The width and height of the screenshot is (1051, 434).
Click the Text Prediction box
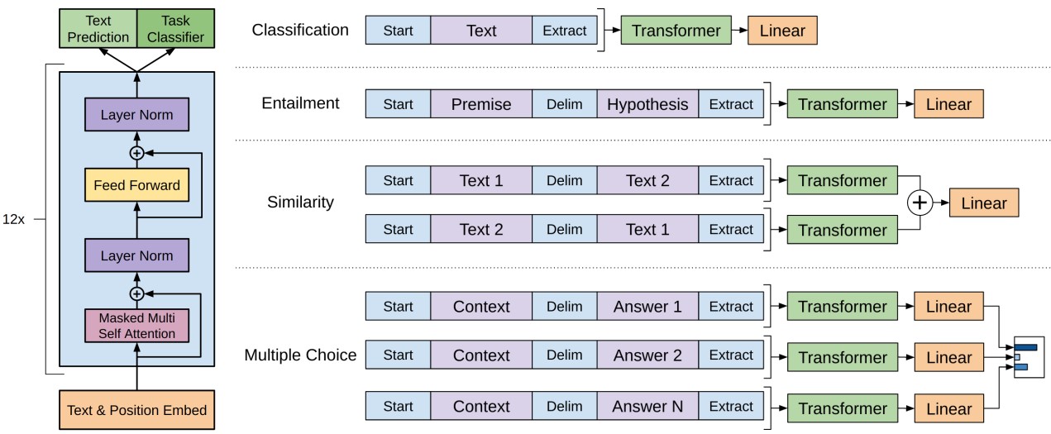coord(98,28)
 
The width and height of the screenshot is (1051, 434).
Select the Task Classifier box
coord(176,28)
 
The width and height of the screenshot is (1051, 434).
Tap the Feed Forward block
coord(137,185)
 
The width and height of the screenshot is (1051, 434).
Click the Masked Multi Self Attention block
coord(137,326)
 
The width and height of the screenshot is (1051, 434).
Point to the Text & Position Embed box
coord(137,409)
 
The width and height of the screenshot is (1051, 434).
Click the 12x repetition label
coord(13,219)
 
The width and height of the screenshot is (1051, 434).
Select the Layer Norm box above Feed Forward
coord(137,114)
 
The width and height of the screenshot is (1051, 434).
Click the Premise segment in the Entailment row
coord(481,103)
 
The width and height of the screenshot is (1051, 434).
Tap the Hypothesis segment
coord(647,103)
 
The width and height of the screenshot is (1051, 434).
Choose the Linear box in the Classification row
coord(782,31)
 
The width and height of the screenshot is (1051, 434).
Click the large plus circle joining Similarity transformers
coord(920,203)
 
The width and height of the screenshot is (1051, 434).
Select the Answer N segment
coord(647,406)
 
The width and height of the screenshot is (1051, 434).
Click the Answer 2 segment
coord(647,355)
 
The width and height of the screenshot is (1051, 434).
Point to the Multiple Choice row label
coord(300,355)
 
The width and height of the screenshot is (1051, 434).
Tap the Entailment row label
coord(300,103)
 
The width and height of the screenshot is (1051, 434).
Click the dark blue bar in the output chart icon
coord(1025,348)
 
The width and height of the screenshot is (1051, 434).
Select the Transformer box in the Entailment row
coord(843,103)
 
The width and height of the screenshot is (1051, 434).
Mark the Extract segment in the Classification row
coord(565,31)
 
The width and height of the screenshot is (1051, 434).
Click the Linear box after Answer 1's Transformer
coord(948,307)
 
